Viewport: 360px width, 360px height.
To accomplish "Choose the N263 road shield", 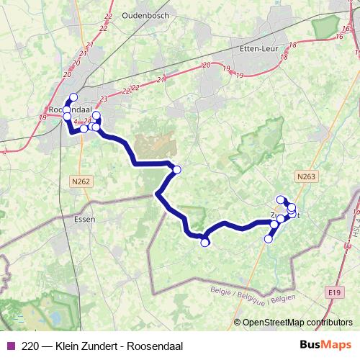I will pyautogui.click(x=306, y=175).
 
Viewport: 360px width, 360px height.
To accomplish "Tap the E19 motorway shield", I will pyautogui.click(x=333, y=292).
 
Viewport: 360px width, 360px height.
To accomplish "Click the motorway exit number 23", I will pyautogui.click(x=104, y=98).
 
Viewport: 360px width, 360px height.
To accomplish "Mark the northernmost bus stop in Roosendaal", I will pyautogui.click(x=73, y=98).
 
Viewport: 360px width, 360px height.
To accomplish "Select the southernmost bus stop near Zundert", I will pyautogui.click(x=269, y=239).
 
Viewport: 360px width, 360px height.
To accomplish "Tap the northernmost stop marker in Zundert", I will pyautogui.click(x=280, y=199).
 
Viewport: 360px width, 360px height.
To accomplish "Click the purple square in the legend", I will pyautogui.click(x=9, y=346).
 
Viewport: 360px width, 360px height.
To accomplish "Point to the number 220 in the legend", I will pyautogui.click(x=30, y=346).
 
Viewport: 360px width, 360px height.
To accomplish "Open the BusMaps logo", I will pyautogui.click(x=325, y=346).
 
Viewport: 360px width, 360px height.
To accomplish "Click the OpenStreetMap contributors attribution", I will pyautogui.click(x=297, y=323).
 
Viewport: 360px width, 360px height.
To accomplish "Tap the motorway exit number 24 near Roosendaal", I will pyautogui.click(x=87, y=121).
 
